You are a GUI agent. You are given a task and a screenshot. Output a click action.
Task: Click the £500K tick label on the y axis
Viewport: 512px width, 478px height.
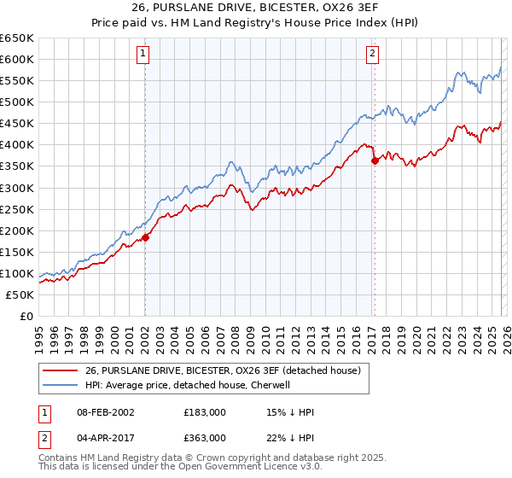point(17,102)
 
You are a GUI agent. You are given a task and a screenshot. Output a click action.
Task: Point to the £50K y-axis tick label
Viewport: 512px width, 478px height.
point(20,294)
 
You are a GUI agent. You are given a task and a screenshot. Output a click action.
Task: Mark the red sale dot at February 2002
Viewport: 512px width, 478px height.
point(145,237)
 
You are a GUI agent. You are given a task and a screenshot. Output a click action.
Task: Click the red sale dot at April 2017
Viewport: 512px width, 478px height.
point(374,160)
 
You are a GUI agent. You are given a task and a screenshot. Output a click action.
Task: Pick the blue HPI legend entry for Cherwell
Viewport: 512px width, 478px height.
point(188,385)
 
